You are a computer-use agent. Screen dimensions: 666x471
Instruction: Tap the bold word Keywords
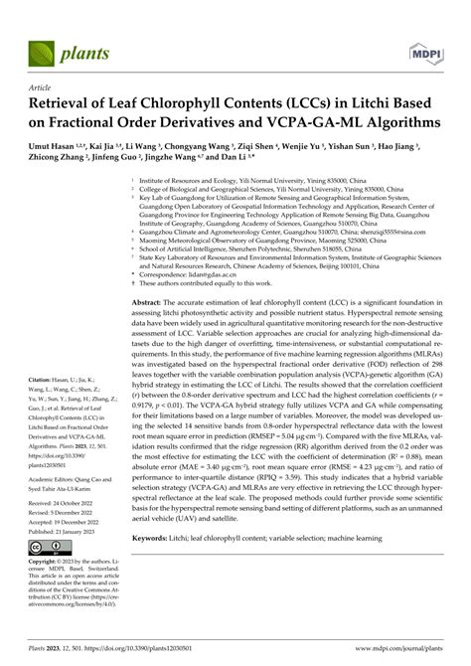pos(166,590)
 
